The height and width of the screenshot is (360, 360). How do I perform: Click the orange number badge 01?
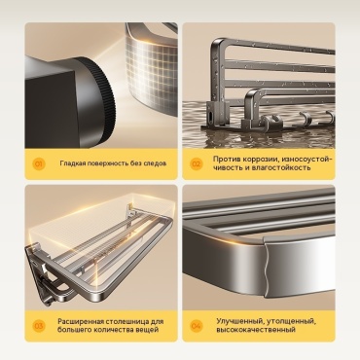tap(39, 163)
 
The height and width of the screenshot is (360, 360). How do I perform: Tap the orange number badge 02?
tap(196, 163)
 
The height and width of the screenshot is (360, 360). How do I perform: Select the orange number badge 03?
tap(39, 326)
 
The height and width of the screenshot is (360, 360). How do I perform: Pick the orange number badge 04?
tap(196, 326)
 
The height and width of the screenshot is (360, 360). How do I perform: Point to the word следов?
tap(155, 163)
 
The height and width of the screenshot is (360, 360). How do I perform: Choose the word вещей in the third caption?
tap(148, 330)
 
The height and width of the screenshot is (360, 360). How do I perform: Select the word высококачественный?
tap(256, 330)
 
